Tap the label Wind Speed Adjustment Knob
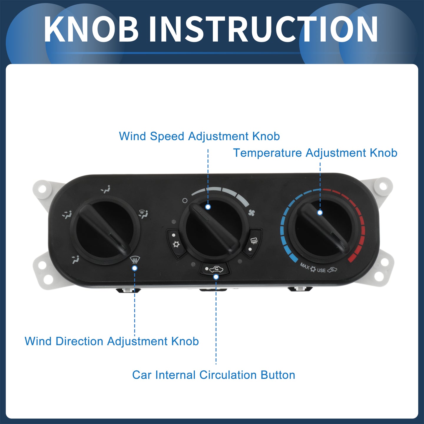pyautogui.click(x=199, y=136)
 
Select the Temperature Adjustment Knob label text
pyautogui.click(x=315, y=153)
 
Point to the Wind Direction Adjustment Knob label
pyautogui.click(x=112, y=341)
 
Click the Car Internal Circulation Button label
pyautogui.click(x=213, y=375)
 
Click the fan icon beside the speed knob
pyautogui.click(x=251, y=213)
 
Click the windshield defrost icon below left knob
pyautogui.click(x=135, y=260)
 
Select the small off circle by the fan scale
pyautogui.click(x=185, y=201)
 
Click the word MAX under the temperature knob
pyautogui.click(x=305, y=266)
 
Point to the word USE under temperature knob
pyautogui.click(x=321, y=270)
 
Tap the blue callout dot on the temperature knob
pyautogui.click(x=320, y=213)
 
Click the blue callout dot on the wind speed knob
pyautogui.click(x=208, y=207)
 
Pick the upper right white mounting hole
pyautogui.click(x=383, y=186)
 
